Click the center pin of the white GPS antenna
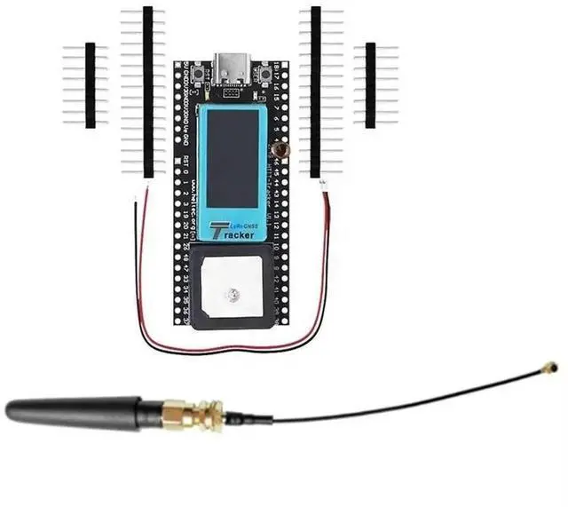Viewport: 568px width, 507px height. (x=233, y=293)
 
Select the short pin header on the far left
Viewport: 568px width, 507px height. (x=90, y=84)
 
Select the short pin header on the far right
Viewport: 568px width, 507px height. (x=370, y=84)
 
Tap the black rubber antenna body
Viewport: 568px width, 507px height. (x=71, y=409)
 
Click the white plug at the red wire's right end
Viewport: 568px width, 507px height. (x=324, y=184)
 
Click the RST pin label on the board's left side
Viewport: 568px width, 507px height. (x=186, y=161)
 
